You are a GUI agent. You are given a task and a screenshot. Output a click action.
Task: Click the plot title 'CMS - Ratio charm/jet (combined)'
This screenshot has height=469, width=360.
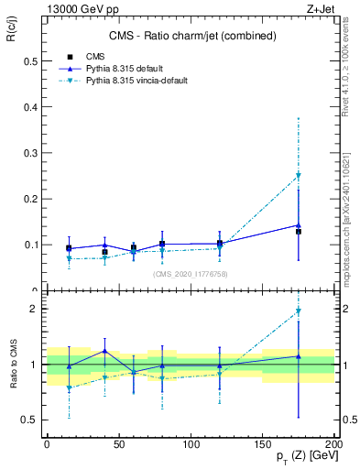(x=190, y=37)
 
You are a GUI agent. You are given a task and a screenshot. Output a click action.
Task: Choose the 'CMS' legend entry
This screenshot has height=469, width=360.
(x=96, y=56)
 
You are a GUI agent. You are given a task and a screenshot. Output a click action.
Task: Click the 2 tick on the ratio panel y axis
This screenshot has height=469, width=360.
(x=35, y=309)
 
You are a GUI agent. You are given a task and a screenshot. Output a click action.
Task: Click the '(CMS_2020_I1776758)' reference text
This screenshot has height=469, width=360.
(x=190, y=274)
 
